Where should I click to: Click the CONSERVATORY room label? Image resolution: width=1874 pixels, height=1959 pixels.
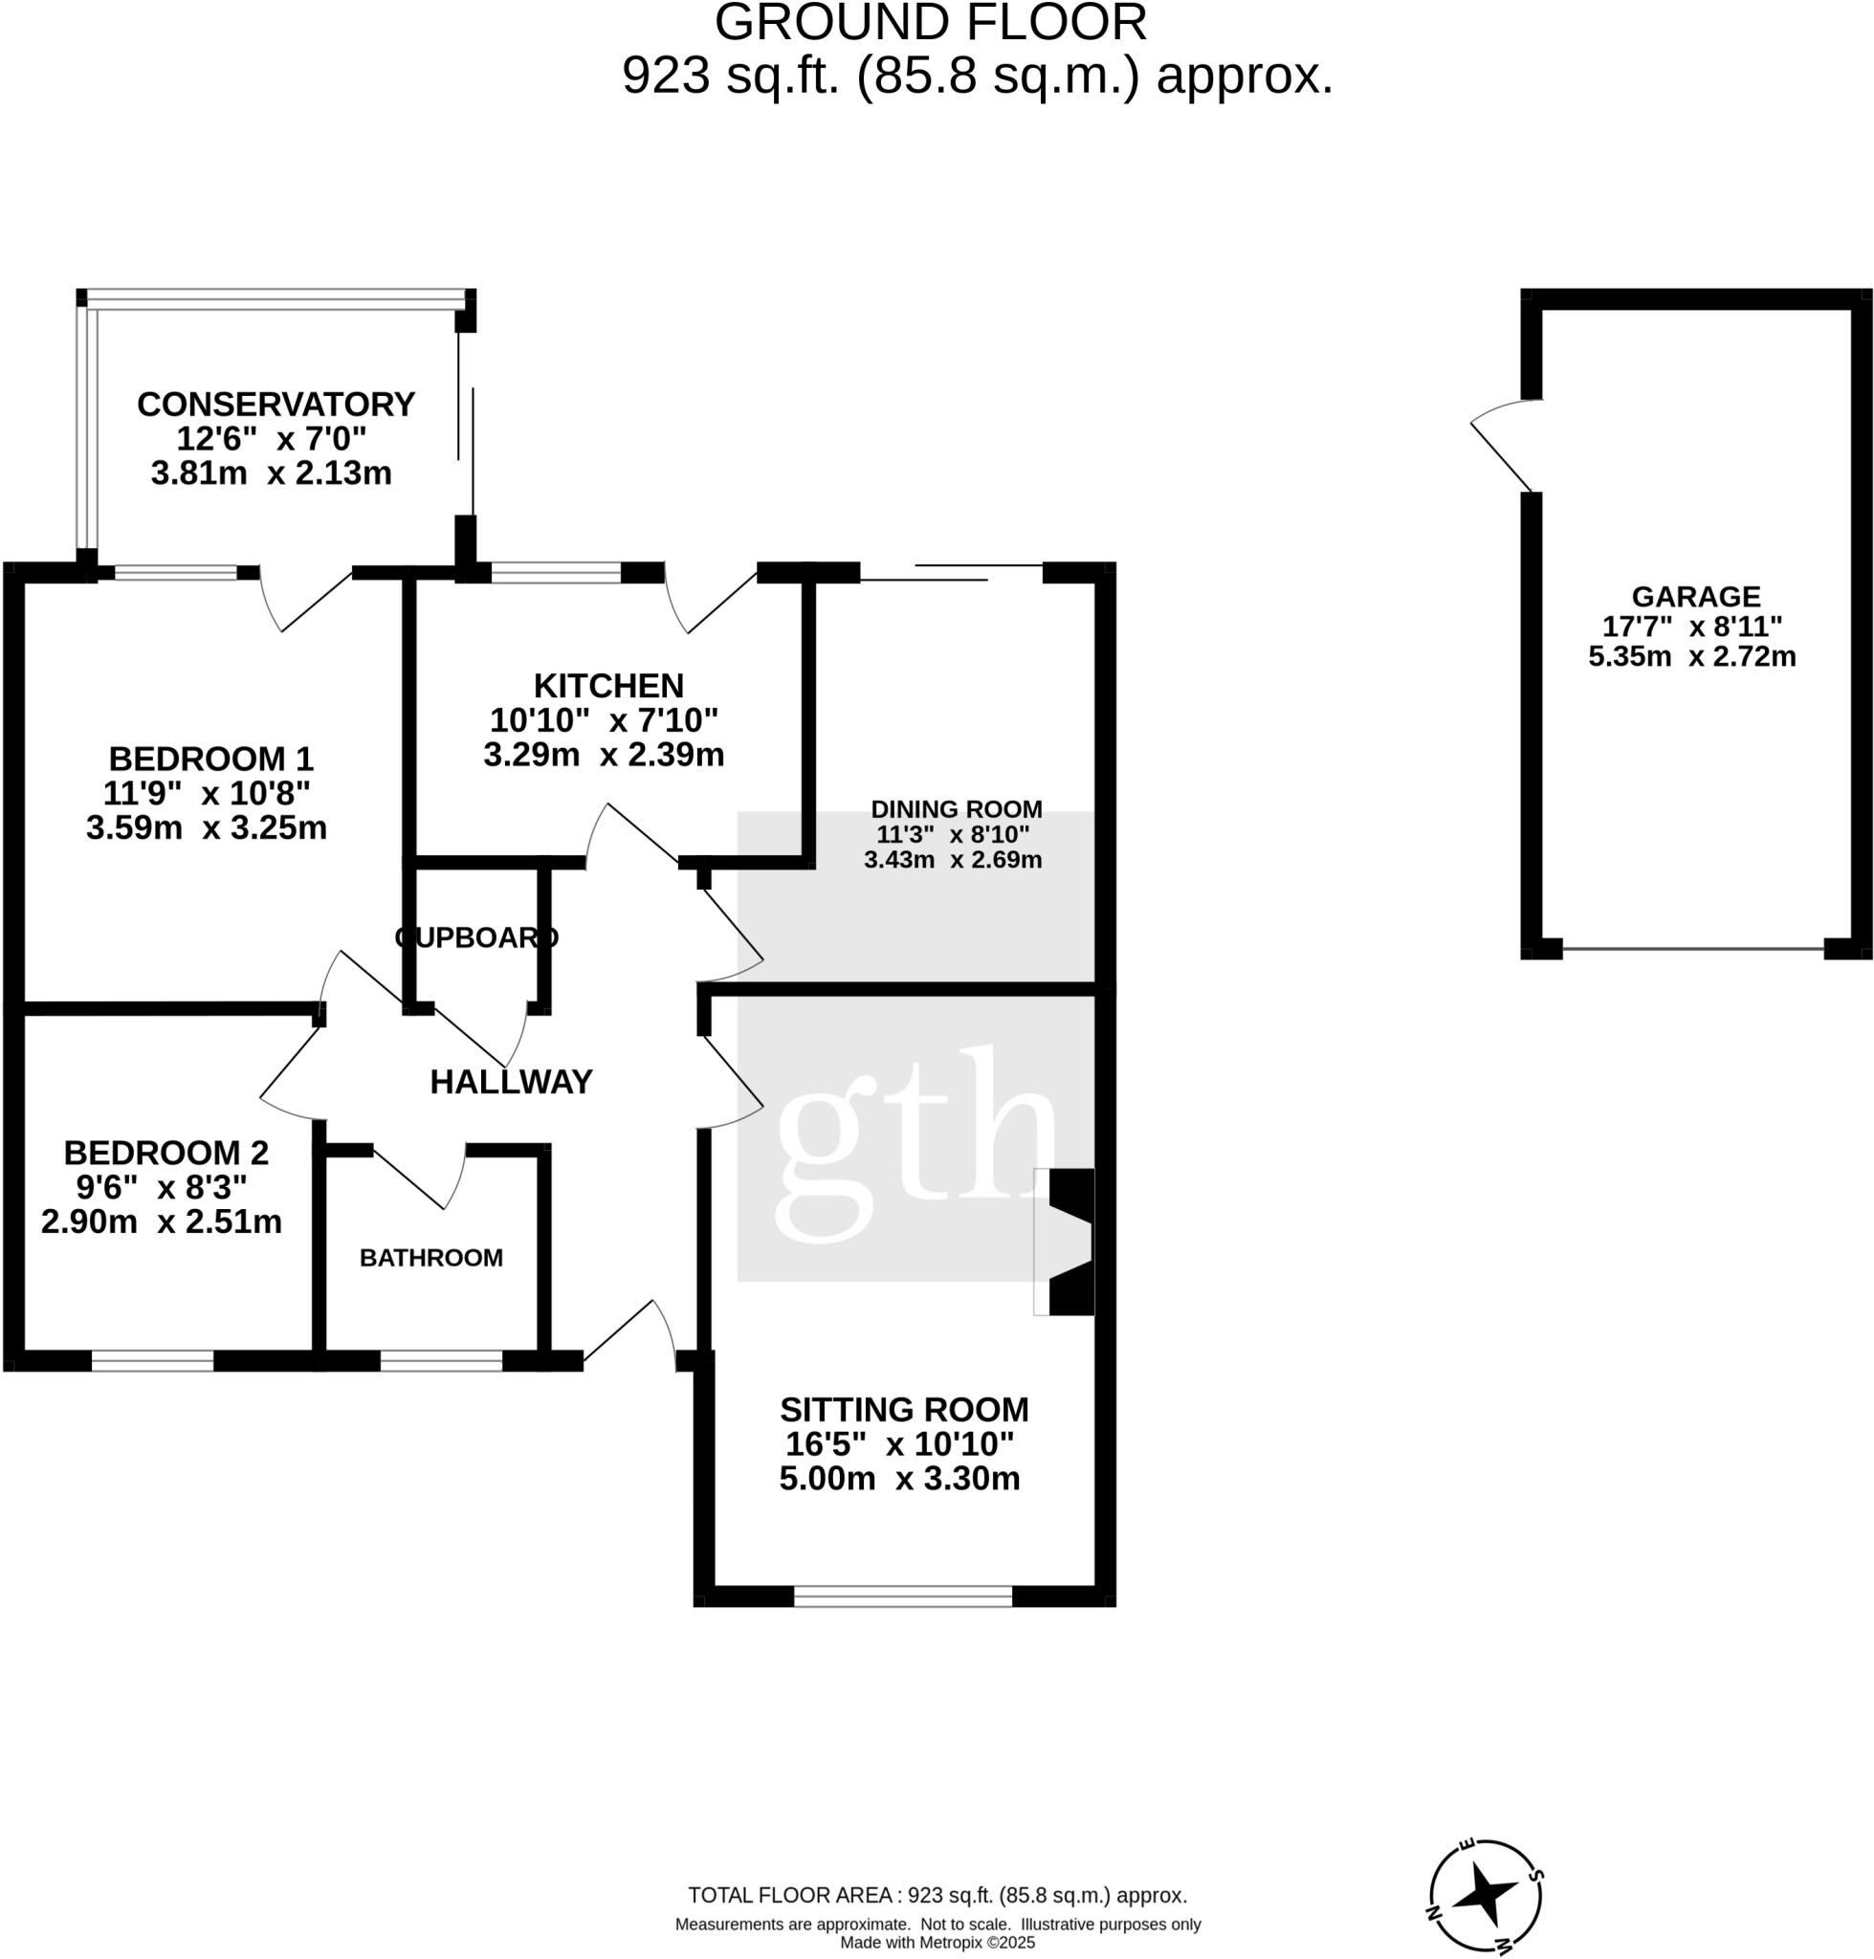[276, 404]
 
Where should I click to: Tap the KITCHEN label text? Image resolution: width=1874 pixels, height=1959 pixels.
[608, 685]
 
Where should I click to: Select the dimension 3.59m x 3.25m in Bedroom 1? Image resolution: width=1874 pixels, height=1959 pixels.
[207, 827]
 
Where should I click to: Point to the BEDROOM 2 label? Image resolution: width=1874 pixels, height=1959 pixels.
[165, 1152]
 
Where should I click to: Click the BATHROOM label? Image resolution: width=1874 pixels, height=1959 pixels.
[430, 1257]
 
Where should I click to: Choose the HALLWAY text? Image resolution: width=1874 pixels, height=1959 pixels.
[511, 1081]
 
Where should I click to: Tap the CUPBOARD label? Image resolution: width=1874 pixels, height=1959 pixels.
[476, 937]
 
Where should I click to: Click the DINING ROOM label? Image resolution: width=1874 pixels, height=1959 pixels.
[956, 809]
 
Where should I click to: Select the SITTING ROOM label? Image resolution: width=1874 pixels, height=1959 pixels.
[903, 1409]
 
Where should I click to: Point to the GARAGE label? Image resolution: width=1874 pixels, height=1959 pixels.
[1695, 596]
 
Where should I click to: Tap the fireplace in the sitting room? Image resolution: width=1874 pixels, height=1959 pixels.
[1067, 1241]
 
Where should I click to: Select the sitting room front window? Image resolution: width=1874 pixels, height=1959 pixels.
[902, 1596]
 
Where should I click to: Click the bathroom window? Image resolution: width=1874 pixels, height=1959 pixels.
[441, 1359]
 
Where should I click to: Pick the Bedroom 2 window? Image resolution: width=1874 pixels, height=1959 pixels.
[152, 1359]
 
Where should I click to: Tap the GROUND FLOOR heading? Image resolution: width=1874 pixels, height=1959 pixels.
[930, 22]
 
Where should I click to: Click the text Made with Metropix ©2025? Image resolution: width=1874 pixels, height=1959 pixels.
[937, 1942]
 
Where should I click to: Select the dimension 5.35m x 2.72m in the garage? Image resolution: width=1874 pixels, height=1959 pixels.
[1691, 656]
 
